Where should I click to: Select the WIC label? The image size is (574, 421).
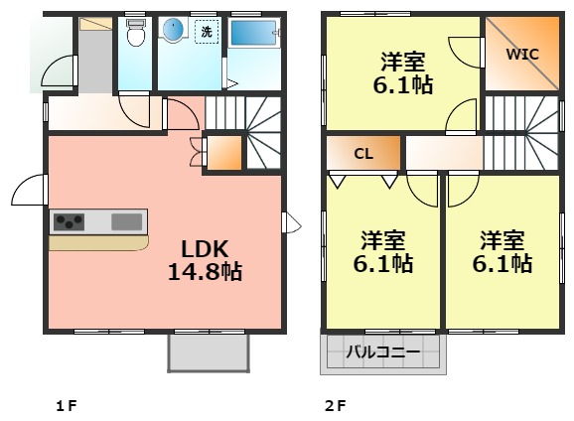[522, 54]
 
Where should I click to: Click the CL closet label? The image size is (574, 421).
[363, 153]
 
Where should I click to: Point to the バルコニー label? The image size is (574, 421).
[382, 351]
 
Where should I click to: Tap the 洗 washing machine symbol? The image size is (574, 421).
[207, 32]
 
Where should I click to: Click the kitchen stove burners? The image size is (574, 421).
[70, 220]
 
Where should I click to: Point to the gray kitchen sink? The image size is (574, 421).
[126, 220]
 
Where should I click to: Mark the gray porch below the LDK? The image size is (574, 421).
[208, 351]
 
